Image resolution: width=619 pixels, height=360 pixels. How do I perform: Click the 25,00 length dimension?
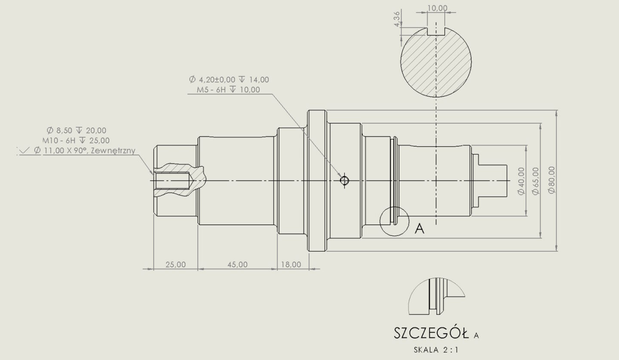point(175,265)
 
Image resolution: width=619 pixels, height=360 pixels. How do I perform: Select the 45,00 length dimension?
point(237,265)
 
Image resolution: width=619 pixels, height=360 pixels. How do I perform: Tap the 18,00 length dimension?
point(291,265)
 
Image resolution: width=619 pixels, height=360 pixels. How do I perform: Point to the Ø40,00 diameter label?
point(521,181)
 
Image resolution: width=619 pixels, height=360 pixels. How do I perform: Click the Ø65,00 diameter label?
point(536,181)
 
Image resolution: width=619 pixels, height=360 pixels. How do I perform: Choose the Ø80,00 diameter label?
point(552,180)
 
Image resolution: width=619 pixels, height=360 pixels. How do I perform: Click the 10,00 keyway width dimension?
point(437,8)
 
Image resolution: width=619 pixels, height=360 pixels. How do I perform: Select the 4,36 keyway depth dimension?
point(397,19)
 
